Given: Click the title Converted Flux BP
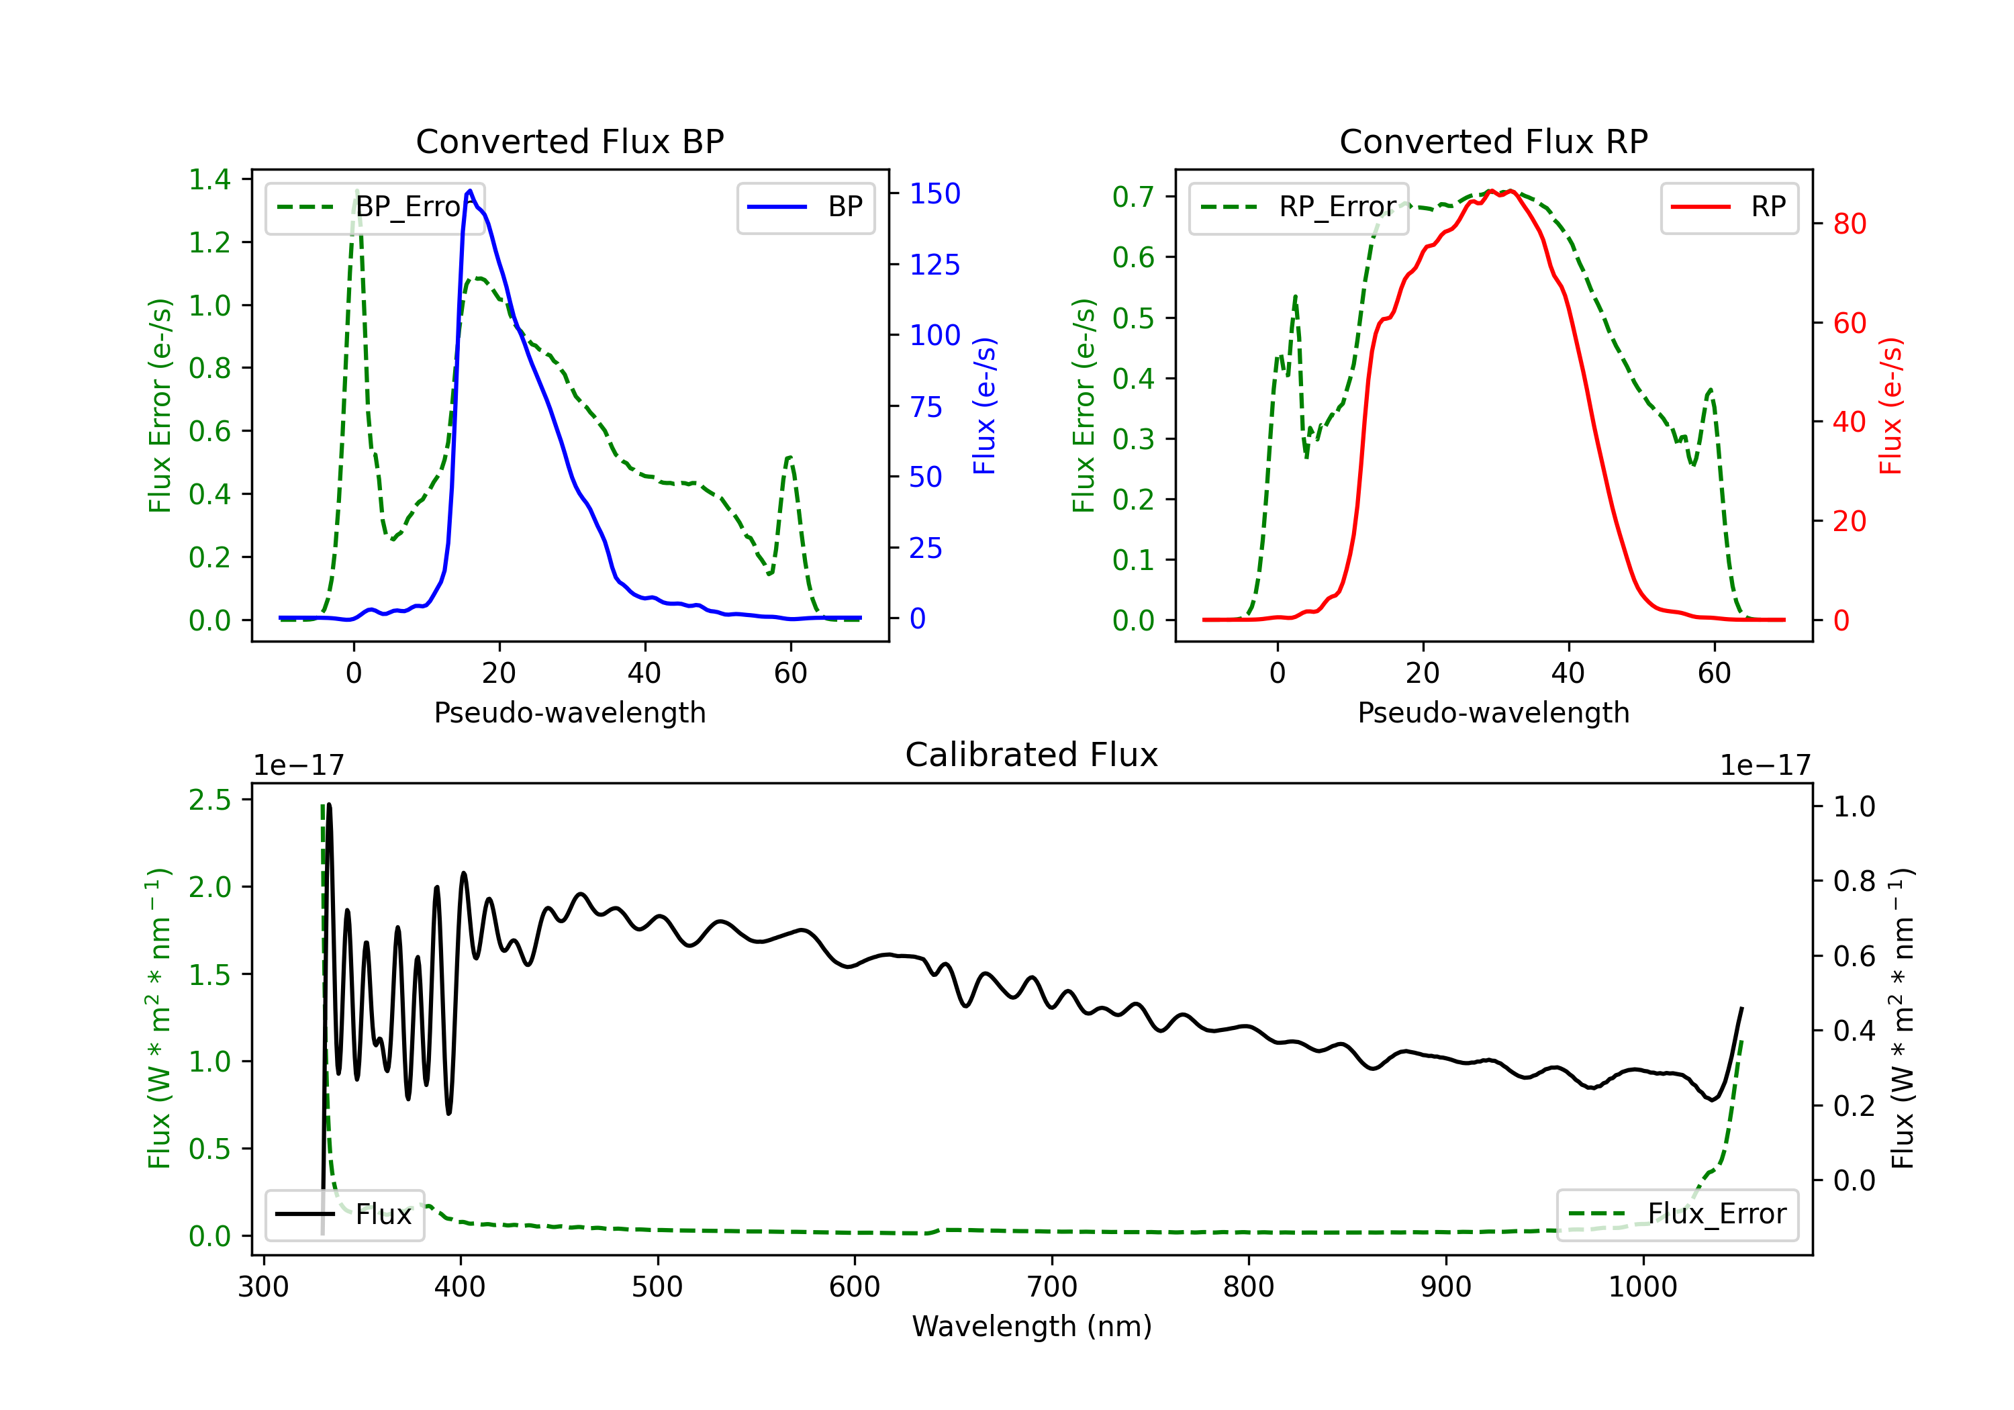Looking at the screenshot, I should tap(569, 141).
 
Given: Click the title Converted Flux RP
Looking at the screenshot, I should tap(1493, 141).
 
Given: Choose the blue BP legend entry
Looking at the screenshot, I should tap(805, 207).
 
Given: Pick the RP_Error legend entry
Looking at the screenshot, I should tap(1298, 207).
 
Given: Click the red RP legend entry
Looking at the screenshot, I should tap(1729, 207).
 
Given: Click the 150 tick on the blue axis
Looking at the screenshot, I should tap(934, 194).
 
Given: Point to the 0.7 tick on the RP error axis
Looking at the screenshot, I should tap(1133, 197).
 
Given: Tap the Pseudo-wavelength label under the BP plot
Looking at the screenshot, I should tap(569, 712).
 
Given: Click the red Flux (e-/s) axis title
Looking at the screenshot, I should tap(1890, 406).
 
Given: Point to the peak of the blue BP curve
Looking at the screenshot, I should tap(470, 191).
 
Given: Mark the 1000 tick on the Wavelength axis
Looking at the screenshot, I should tap(1642, 1286).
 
